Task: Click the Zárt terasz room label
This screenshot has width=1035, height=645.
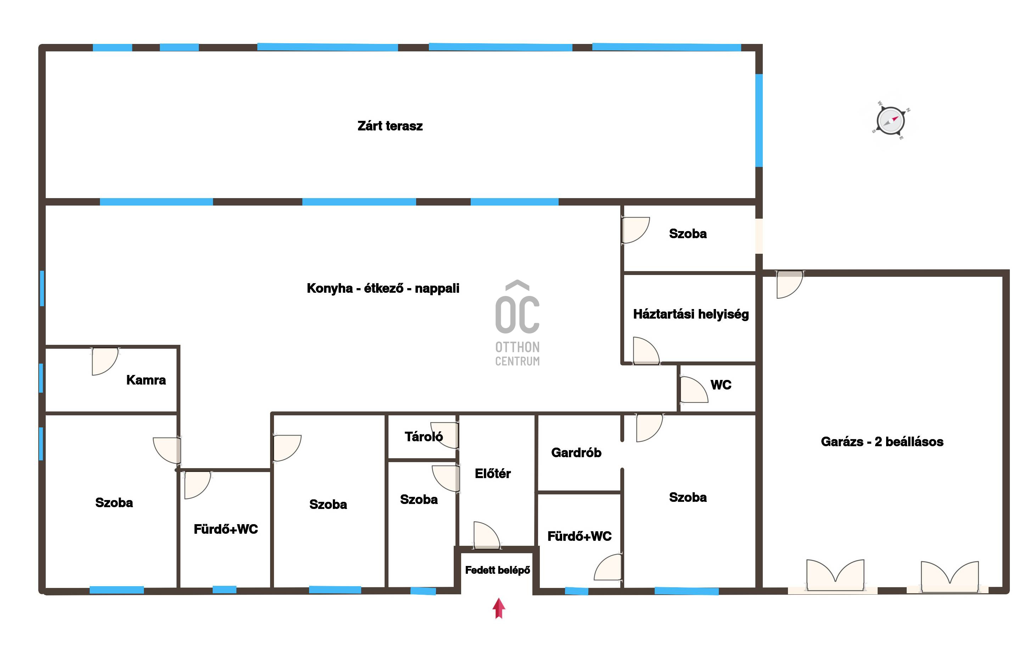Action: (390, 126)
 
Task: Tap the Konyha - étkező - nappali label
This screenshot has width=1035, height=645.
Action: (383, 288)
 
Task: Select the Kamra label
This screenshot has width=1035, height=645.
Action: (146, 380)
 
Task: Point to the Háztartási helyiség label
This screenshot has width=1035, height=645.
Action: (691, 314)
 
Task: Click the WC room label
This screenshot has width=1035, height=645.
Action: (721, 385)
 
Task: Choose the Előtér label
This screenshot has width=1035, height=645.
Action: (493, 473)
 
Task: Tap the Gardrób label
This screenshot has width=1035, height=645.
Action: (576, 453)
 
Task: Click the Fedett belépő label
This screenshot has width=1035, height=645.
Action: (497, 570)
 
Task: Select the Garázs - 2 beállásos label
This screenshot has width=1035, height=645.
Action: (882, 442)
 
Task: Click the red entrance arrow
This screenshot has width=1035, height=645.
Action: (499, 608)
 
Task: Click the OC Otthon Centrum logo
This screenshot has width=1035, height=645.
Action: (517, 323)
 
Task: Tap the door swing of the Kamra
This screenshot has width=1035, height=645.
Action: (105, 362)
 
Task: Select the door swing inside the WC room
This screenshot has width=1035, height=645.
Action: (694, 389)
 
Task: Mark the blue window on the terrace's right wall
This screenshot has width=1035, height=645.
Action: (759, 120)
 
